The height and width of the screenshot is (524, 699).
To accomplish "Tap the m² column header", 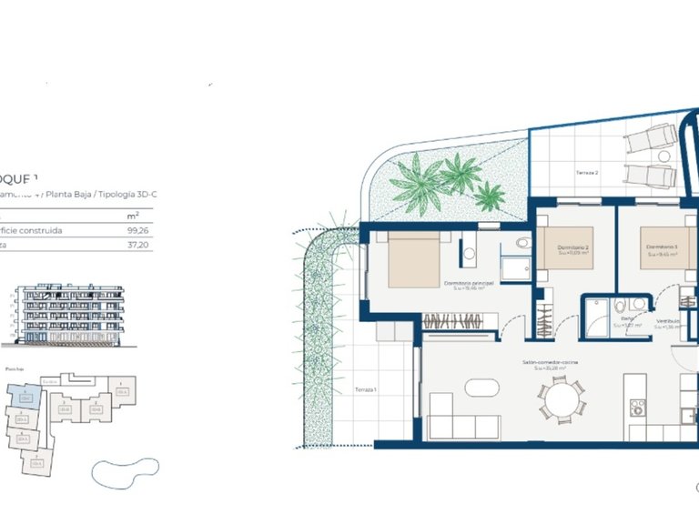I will (x=133, y=216).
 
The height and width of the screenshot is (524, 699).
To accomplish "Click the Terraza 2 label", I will (x=587, y=172).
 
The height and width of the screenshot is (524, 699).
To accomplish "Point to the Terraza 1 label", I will (x=366, y=389).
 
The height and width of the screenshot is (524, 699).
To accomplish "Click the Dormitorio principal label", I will (x=469, y=283).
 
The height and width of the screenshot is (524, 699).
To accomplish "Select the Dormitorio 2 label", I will (x=573, y=247).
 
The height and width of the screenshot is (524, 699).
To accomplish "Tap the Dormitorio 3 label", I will (x=662, y=247).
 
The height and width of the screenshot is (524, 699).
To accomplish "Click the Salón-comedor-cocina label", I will (x=552, y=362).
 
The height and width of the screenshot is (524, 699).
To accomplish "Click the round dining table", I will (x=562, y=398).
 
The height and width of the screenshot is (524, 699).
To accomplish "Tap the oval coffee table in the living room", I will (x=481, y=387).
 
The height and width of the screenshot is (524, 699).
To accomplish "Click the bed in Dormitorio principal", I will (x=415, y=259).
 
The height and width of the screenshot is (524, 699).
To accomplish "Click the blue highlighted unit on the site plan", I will (x=25, y=397).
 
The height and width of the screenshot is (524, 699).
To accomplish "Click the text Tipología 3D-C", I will (x=128, y=195).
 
